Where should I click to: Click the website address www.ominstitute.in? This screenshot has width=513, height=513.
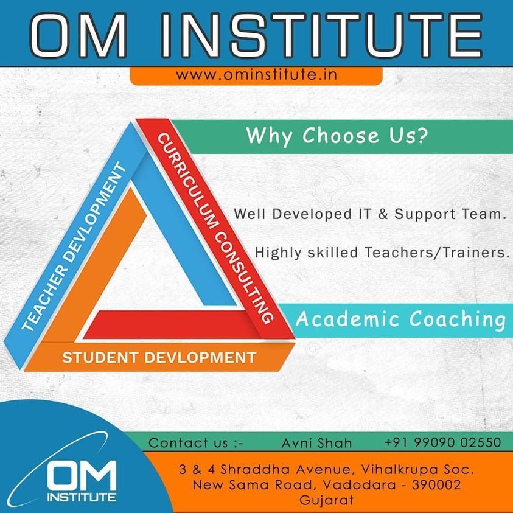click(x=256, y=75)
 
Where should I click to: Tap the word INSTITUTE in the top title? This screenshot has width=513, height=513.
click(x=321, y=35)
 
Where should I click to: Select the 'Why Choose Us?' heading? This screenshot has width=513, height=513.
click(x=337, y=136)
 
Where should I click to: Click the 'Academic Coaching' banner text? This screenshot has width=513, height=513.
click(x=401, y=319)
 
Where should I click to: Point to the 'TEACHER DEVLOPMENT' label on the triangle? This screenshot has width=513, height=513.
click(x=74, y=246)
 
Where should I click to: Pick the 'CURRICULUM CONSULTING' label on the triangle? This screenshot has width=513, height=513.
click(x=215, y=228)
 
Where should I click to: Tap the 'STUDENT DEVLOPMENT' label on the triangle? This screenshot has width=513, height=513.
click(x=159, y=357)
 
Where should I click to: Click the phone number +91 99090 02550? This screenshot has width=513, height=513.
click(x=442, y=442)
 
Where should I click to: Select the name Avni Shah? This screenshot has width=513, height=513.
click(x=316, y=443)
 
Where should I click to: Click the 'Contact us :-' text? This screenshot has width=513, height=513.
click(x=196, y=443)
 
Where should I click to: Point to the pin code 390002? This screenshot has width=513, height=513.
click(x=436, y=484)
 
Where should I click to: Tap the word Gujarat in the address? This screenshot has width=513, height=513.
click(x=327, y=500)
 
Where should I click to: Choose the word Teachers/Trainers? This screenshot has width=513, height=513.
click(x=437, y=253)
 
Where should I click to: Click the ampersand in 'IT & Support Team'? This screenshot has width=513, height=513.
click(x=383, y=214)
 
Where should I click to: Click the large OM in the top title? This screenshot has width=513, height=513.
click(x=78, y=35)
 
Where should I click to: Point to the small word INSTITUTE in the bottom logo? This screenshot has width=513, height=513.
click(x=82, y=497)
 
